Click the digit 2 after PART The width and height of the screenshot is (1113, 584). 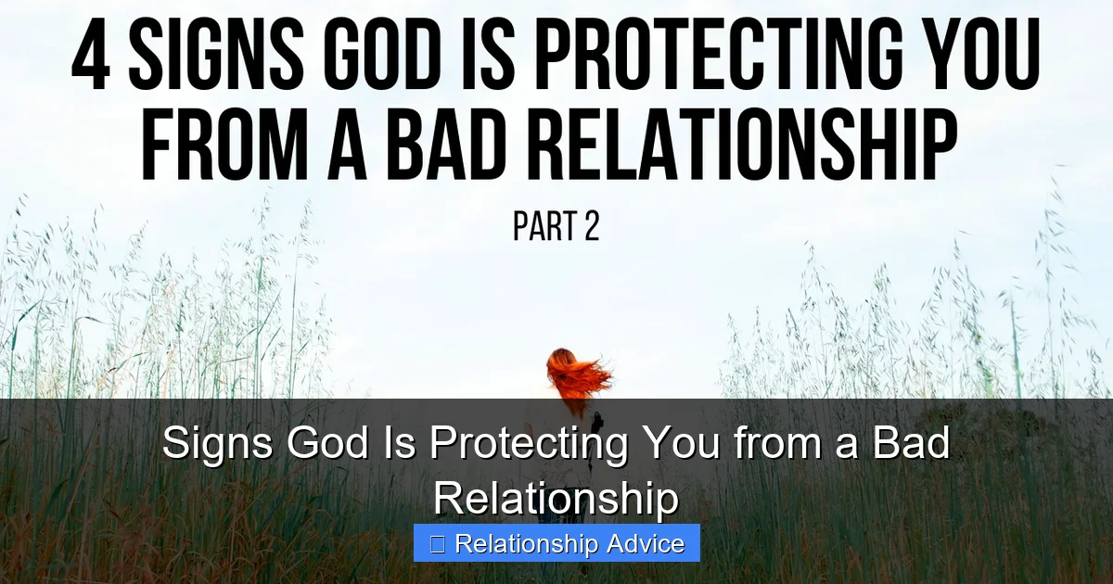pyautogui.click(x=592, y=226)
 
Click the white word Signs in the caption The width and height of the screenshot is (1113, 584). pyautogui.click(x=217, y=444)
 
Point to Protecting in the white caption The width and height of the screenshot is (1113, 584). pyautogui.click(x=529, y=444)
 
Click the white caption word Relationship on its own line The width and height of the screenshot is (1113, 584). pyautogui.click(x=556, y=500)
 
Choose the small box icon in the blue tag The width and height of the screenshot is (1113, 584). pyautogui.click(x=437, y=545)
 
